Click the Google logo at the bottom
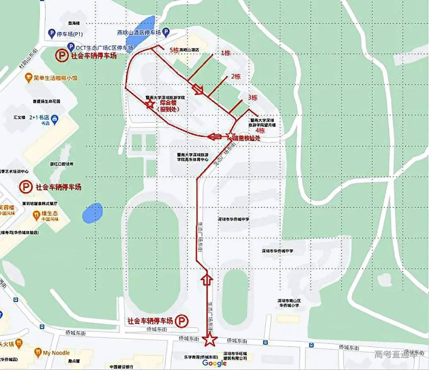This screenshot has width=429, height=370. pos(214,362)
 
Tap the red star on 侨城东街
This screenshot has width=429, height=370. pos(209,339)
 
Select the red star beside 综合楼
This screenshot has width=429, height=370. pos(150,104)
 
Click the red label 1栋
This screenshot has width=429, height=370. pos(225,53)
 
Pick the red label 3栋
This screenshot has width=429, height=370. pos(252,98)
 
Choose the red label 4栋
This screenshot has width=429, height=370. pos(260,130)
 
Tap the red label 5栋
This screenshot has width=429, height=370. pos(174,50)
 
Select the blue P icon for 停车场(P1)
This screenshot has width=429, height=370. pos(51,34)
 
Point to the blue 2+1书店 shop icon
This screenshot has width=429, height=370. pos(55,118)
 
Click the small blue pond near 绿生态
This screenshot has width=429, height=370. pos(93,213)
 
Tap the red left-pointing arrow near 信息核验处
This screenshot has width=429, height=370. pos(214,137)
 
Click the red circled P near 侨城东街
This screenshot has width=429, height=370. pos(182,320)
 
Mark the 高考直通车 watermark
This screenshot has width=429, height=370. pos(396,354)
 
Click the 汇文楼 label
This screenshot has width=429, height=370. pos(19,118)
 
